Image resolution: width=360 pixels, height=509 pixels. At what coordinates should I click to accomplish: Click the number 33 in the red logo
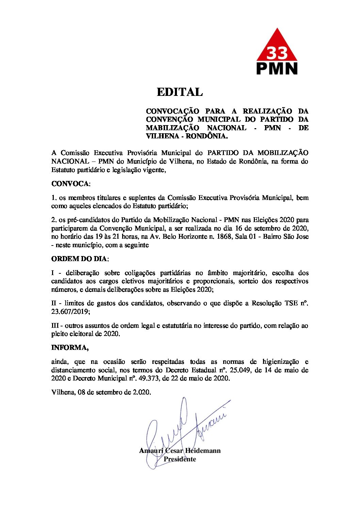tap(277, 53)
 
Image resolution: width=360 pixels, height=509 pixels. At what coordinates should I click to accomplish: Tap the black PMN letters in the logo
tap(277, 68)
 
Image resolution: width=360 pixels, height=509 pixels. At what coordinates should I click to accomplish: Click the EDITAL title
tap(180, 92)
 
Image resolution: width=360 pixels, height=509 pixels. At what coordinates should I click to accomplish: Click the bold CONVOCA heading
tap(70, 184)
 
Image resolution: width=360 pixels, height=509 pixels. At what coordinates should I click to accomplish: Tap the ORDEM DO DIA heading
tap(79, 259)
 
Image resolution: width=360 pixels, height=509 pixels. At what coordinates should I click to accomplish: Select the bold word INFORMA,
tap(70, 347)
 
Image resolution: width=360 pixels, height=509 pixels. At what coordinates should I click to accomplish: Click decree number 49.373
tap(148, 378)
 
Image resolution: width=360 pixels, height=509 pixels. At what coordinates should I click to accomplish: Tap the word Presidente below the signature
tap(180, 459)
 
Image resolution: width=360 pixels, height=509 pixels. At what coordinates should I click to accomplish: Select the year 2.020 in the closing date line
tap(142, 392)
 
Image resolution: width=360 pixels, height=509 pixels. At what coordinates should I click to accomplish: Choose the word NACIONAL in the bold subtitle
tap(226, 128)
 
